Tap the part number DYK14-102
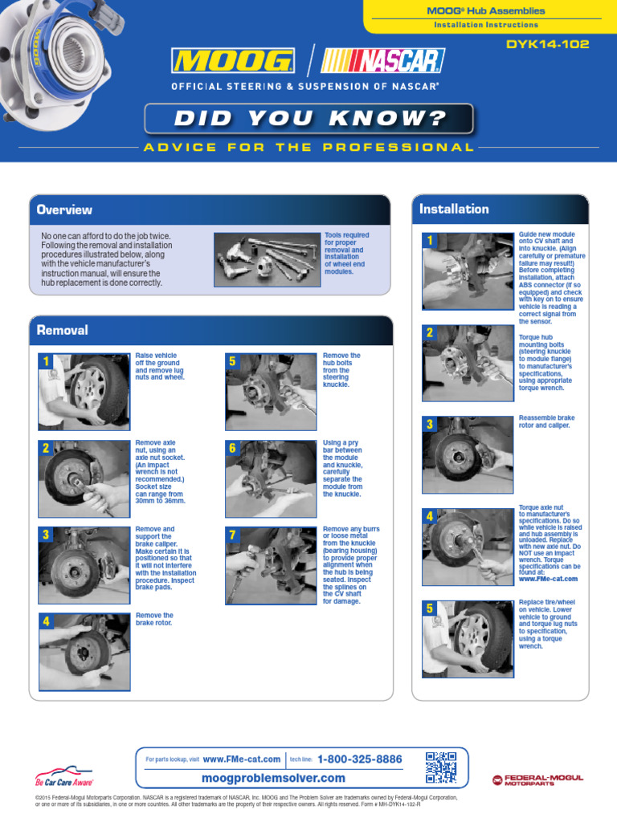546,43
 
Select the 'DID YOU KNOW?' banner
308,119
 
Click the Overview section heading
64,210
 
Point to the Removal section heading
63,330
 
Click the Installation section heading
454,209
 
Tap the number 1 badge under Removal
47,362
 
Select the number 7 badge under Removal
233,535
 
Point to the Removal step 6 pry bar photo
271,478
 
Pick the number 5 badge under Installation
430,608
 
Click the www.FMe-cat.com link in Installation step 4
548,579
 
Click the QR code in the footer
441,767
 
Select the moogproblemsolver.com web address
273,778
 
